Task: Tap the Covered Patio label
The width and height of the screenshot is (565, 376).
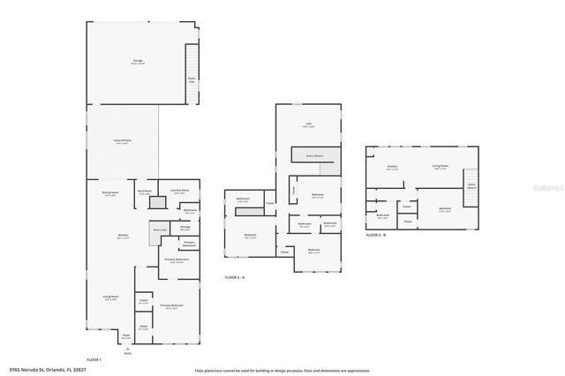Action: pos(122,141)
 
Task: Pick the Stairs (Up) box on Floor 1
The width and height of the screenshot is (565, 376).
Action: pos(160,229)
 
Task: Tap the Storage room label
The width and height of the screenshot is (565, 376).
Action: pos(185,227)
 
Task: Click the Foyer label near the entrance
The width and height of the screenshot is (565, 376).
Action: pos(125,336)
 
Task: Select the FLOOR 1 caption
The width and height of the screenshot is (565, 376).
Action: pos(94,359)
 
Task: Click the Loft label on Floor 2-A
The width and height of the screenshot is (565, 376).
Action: pos(308,124)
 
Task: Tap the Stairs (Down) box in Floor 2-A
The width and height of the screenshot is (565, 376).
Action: pos(314,154)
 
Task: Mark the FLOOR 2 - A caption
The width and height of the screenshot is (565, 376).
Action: pos(234,277)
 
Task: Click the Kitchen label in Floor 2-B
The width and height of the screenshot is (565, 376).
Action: pos(393,167)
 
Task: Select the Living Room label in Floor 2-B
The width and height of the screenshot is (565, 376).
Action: pos(440,167)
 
